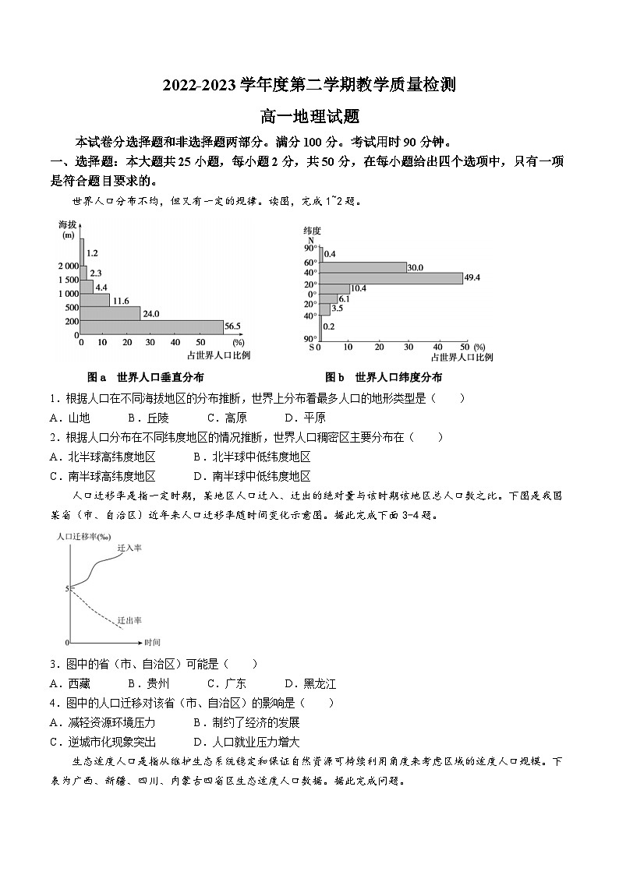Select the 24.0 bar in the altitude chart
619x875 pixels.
tap(110, 313)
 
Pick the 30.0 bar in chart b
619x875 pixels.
tap(363, 267)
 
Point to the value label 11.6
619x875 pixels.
tap(120, 301)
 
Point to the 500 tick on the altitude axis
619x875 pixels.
tap(73, 307)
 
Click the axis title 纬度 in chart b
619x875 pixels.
tap(312, 231)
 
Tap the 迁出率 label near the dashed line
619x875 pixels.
tap(129, 620)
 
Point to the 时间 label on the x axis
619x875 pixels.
tap(152, 643)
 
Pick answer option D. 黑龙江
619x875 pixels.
tap(309, 683)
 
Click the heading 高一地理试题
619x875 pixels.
tap(309, 116)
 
